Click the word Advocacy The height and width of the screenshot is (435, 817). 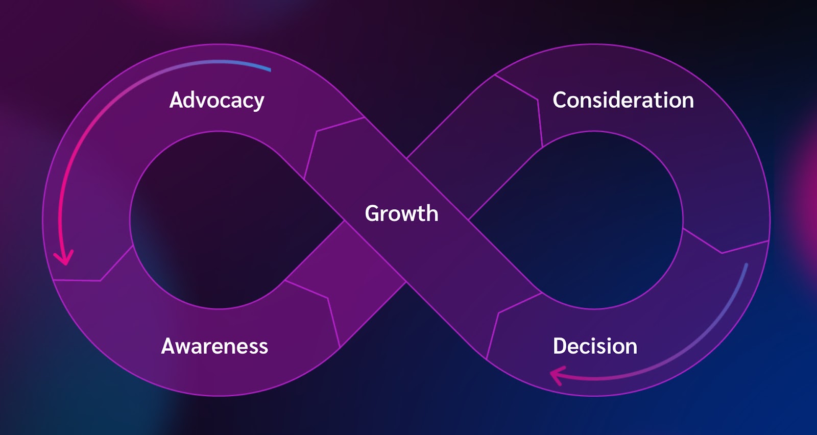217,100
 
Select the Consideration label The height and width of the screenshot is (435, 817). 623,100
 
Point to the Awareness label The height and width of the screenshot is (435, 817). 214,346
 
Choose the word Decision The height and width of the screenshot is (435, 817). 595,346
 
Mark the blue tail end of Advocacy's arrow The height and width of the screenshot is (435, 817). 270,69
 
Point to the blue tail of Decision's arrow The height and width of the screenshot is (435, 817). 747,264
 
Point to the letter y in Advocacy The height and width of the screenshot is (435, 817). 257,103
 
